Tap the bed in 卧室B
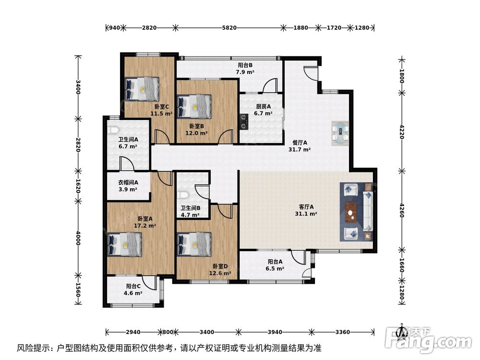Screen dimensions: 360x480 [194, 106]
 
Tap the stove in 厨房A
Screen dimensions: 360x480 [244, 121]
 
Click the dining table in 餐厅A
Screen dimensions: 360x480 [341, 132]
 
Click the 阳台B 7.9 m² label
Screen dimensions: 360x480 [245, 69]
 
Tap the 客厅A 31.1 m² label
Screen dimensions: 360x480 [306, 211]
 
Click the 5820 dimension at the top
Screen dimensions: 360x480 [229, 28]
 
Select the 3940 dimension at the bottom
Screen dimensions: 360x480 [275, 332]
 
